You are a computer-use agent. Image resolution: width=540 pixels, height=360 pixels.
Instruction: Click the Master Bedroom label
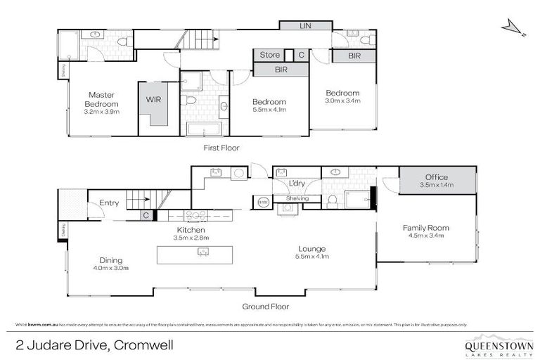[101, 98]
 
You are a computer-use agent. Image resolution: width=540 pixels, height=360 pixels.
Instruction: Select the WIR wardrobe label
[153, 99]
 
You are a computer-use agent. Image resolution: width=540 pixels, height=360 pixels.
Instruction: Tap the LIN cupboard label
[305, 25]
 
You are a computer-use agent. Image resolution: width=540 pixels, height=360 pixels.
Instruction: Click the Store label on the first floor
[270, 55]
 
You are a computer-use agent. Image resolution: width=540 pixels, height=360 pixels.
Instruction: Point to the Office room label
[436, 177]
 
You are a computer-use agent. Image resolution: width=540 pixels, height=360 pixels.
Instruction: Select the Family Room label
[425, 228]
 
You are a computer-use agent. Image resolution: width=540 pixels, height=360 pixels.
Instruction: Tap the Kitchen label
[191, 230]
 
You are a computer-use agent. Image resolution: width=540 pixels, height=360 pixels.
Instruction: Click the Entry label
[109, 203]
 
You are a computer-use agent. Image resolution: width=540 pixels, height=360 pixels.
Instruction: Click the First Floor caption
[221, 148]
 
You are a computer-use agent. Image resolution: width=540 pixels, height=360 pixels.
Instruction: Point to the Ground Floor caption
[265, 306]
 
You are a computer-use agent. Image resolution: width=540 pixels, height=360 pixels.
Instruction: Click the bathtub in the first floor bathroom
[203, 129]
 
